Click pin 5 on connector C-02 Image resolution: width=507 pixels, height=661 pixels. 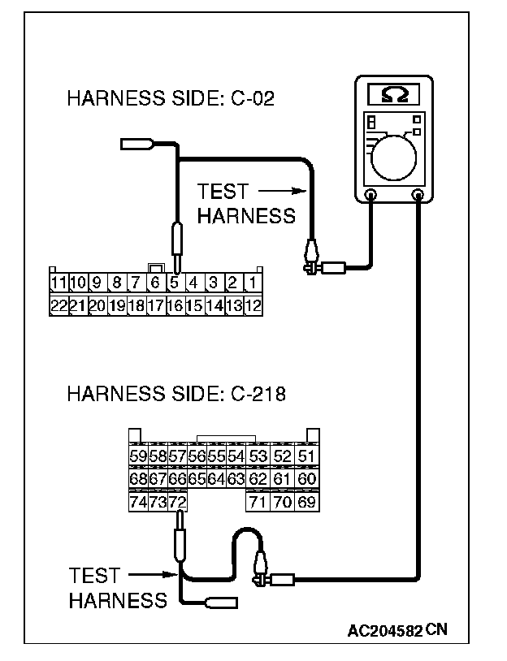175,284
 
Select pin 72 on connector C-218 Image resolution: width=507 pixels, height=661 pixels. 178,503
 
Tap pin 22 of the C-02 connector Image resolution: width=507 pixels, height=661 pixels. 58,306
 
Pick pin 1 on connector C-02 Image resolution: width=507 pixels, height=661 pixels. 253,284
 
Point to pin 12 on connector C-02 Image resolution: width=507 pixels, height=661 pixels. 253,306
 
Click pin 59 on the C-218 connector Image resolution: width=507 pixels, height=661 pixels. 138,456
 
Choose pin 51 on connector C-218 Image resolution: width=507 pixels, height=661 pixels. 306,456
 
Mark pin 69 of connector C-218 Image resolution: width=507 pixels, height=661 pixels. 306,503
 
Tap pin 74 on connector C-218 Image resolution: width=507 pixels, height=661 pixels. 138,503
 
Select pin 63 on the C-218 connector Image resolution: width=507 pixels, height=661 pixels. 236,479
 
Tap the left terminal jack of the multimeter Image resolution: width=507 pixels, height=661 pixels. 371,195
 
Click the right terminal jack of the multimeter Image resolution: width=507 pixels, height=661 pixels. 418,195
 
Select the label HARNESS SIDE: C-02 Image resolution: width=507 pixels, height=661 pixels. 171,99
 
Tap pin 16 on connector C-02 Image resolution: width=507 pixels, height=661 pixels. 175,306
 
